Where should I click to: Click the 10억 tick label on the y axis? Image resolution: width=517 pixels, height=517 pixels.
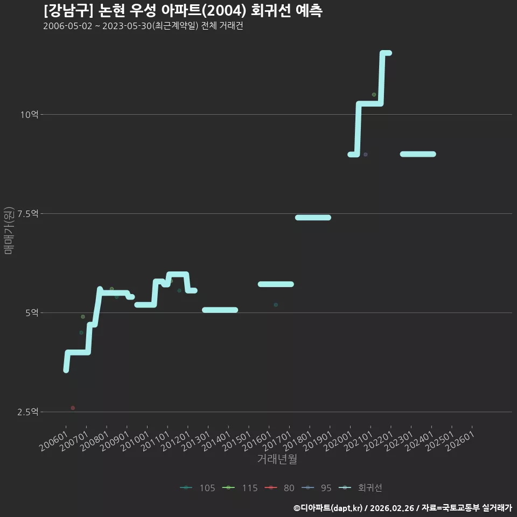pyautogui.click(x=29, y=115)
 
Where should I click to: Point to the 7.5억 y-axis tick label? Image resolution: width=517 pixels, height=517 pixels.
pyautogui.click(x=28, y=214)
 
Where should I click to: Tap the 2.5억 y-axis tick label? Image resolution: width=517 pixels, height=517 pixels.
pyautogui.click(x=28, y=412)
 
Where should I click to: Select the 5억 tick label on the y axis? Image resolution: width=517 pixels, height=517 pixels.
pyautogui.click(x=32, y=313)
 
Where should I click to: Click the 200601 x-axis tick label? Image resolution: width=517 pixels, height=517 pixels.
pyautogui.click(x=54, y=441)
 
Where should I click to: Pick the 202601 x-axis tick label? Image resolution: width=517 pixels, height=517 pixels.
pyautogui.click(x=460, y=441)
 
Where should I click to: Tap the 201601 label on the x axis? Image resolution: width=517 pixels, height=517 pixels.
pyautogui.click(x=257, y=441)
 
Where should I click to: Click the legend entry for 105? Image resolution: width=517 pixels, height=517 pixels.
pyautogui.click(x=198, y=488)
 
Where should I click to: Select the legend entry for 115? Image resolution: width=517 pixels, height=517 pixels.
pyautogui.click(x=240, y=488)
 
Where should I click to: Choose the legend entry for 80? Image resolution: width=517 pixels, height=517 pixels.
pyautogui.click(x=280, y=488)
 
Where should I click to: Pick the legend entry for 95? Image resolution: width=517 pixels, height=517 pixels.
pyautogui.click(x=317, y=488)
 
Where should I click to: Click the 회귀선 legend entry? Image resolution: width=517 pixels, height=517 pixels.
pyautogui.click(x=360, y=488)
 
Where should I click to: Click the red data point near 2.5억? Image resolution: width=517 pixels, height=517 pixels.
pyautogui.click(x=73, y=408)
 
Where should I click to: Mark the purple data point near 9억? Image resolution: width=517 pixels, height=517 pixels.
pyautogui.click(x=365, y=155)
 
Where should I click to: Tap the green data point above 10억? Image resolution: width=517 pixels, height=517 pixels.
pyautogui.click(x=374, y=95)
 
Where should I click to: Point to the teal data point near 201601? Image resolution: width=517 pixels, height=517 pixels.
pyautogui.click(x=276, y=305)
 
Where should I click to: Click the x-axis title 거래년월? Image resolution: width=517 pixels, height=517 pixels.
pyautogui.click(x=277, y=459)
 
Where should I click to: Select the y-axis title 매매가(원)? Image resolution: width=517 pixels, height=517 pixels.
pyautogui.click(x=9, y=230)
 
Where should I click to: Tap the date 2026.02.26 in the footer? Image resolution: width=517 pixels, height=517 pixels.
pyautogui.click(x=392, y=508)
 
